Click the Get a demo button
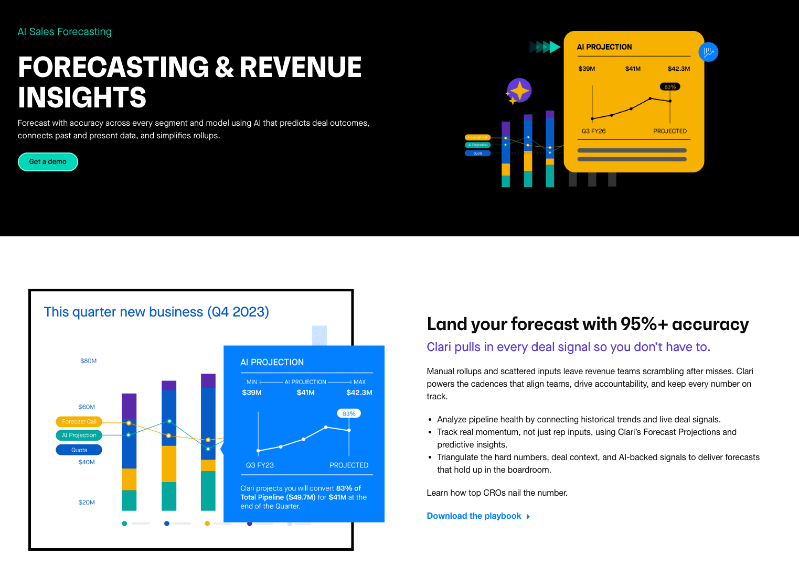coord(48,162)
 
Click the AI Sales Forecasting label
coord(65,32)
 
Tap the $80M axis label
coord(88,361)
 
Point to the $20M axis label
coord(87,503)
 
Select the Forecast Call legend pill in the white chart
coord(79,422)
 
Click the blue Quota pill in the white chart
coord(79,450)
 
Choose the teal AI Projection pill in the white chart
coord(79,435)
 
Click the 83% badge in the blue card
coord(349,413)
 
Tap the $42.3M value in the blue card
coord(359,392)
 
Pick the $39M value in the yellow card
coord(587,69)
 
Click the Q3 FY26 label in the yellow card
coord(593,131)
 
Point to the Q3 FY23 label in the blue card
coord(260,465)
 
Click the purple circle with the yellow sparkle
coord(519,91)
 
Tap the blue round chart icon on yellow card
coord(708,52)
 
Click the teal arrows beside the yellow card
coord(545,47)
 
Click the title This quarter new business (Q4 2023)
coord(156,312)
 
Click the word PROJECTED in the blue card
coord(349,465)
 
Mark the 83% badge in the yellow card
coord(670,87)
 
